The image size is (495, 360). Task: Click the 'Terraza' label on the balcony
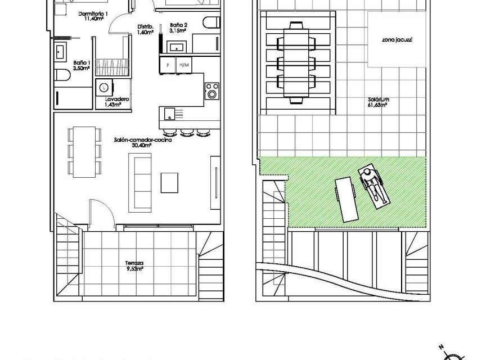(x=134, y=263)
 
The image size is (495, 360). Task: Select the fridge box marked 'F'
(x=167, y=65)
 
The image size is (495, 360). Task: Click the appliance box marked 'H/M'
(x=183, y=65)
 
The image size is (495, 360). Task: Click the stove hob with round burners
(x=212, y=91)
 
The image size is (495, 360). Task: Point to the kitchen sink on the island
(x=167, y=114)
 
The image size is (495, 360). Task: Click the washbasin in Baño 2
(x=180, y=47)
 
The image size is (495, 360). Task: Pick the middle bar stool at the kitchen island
(x=187, y=133)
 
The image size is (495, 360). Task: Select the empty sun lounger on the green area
(x=346, y=199)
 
